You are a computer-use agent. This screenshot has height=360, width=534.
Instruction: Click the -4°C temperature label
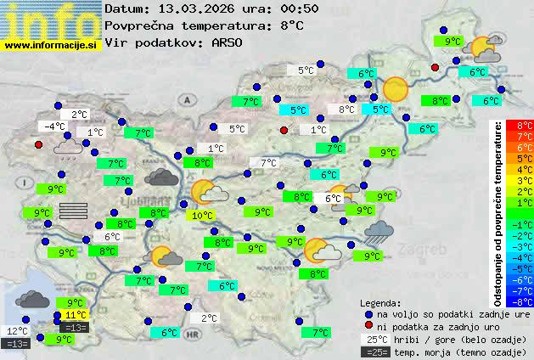click(54, 127)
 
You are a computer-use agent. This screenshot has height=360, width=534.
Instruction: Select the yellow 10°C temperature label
click(202, 216)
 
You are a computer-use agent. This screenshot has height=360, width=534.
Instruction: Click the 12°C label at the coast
click(17, 331)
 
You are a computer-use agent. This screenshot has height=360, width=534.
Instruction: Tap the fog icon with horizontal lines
click(74, 211)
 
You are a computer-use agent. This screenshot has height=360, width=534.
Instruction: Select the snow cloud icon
click(67, 149)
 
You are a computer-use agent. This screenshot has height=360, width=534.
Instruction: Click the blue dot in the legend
click(368, 313)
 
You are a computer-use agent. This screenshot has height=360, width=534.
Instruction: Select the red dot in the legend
click(368, 326)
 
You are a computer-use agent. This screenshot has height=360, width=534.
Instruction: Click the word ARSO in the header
click(229, 42)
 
